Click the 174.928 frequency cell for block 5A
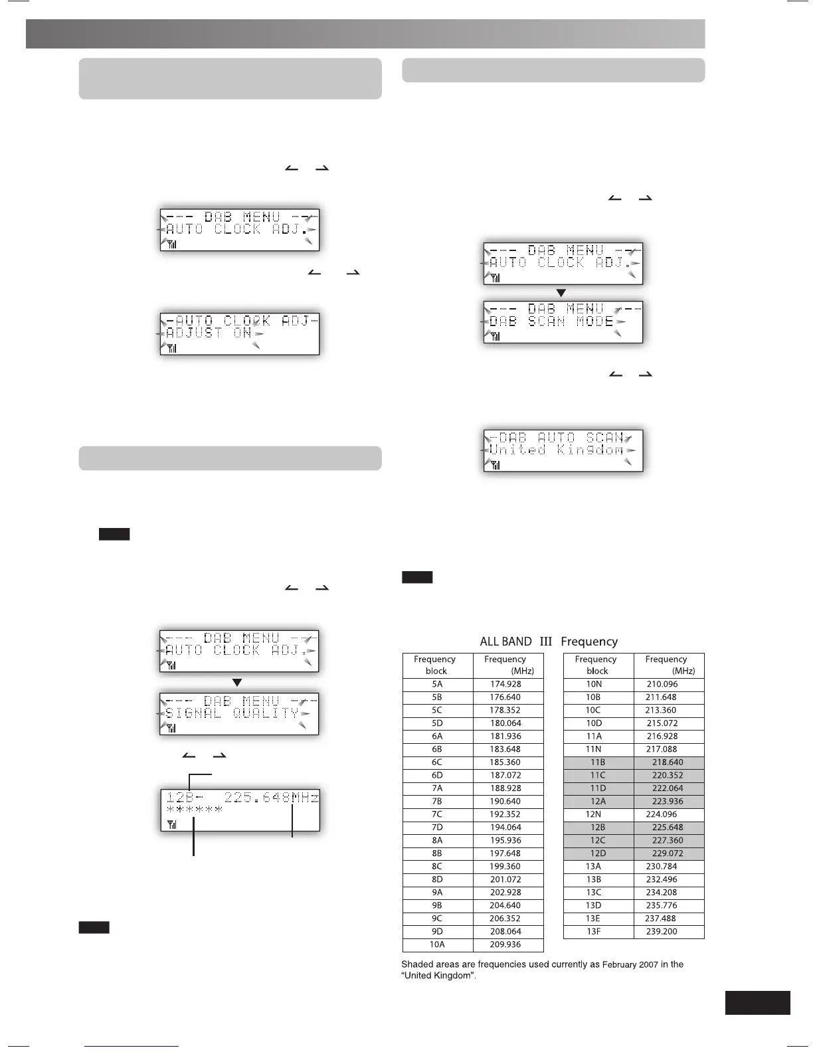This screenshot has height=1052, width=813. pyautogui.click(x=505, y=684)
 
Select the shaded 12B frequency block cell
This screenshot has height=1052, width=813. pyautogui.click(x=598, y=828)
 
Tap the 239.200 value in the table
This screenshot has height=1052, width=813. pyautogui.click(x=662, y=931)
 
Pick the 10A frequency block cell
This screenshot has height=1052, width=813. pyautogui.click(x=437, y=944)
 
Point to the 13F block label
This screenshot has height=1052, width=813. pyautogui.click(x=594, y=931)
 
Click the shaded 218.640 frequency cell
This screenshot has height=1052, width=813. pyautogui.click(x=667, y=762)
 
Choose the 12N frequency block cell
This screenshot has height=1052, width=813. pyautogui.click(x=594, y=814)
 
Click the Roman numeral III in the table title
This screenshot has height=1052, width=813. pyautogui.click(x=546, y=642)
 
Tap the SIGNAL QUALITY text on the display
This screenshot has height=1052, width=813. pyautogui.click(x=232, y=713)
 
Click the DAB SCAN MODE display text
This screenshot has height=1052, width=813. pyautogui.click(x=551, y=321)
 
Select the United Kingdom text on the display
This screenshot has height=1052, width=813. pyautogui.click(x=557, y=450)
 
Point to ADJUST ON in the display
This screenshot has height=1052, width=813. pyautogui.click(x=209, y=333)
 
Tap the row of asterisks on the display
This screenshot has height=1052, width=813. pyautogui.click(x=195, y=810)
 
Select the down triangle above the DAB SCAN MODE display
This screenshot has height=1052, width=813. pyautogui.click(x=561, y=293)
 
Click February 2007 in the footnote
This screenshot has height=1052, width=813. pyautogui.click(x=630, y=964)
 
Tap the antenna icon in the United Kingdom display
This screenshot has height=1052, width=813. pyautogui.click(x=496, y=466)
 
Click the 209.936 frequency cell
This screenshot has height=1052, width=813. pyautogui.click(x=505, y=944)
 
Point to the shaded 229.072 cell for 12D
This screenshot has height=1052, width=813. pyautogui.click(x=667, y=853)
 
